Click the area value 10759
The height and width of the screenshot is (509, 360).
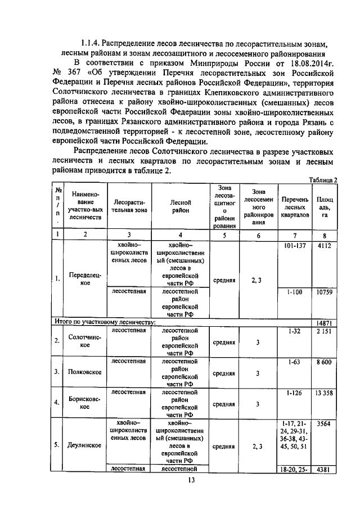(x=324, y=292)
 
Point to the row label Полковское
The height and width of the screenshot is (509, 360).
(x=84, y=372)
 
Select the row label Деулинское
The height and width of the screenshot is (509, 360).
(x=84, y=445)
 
